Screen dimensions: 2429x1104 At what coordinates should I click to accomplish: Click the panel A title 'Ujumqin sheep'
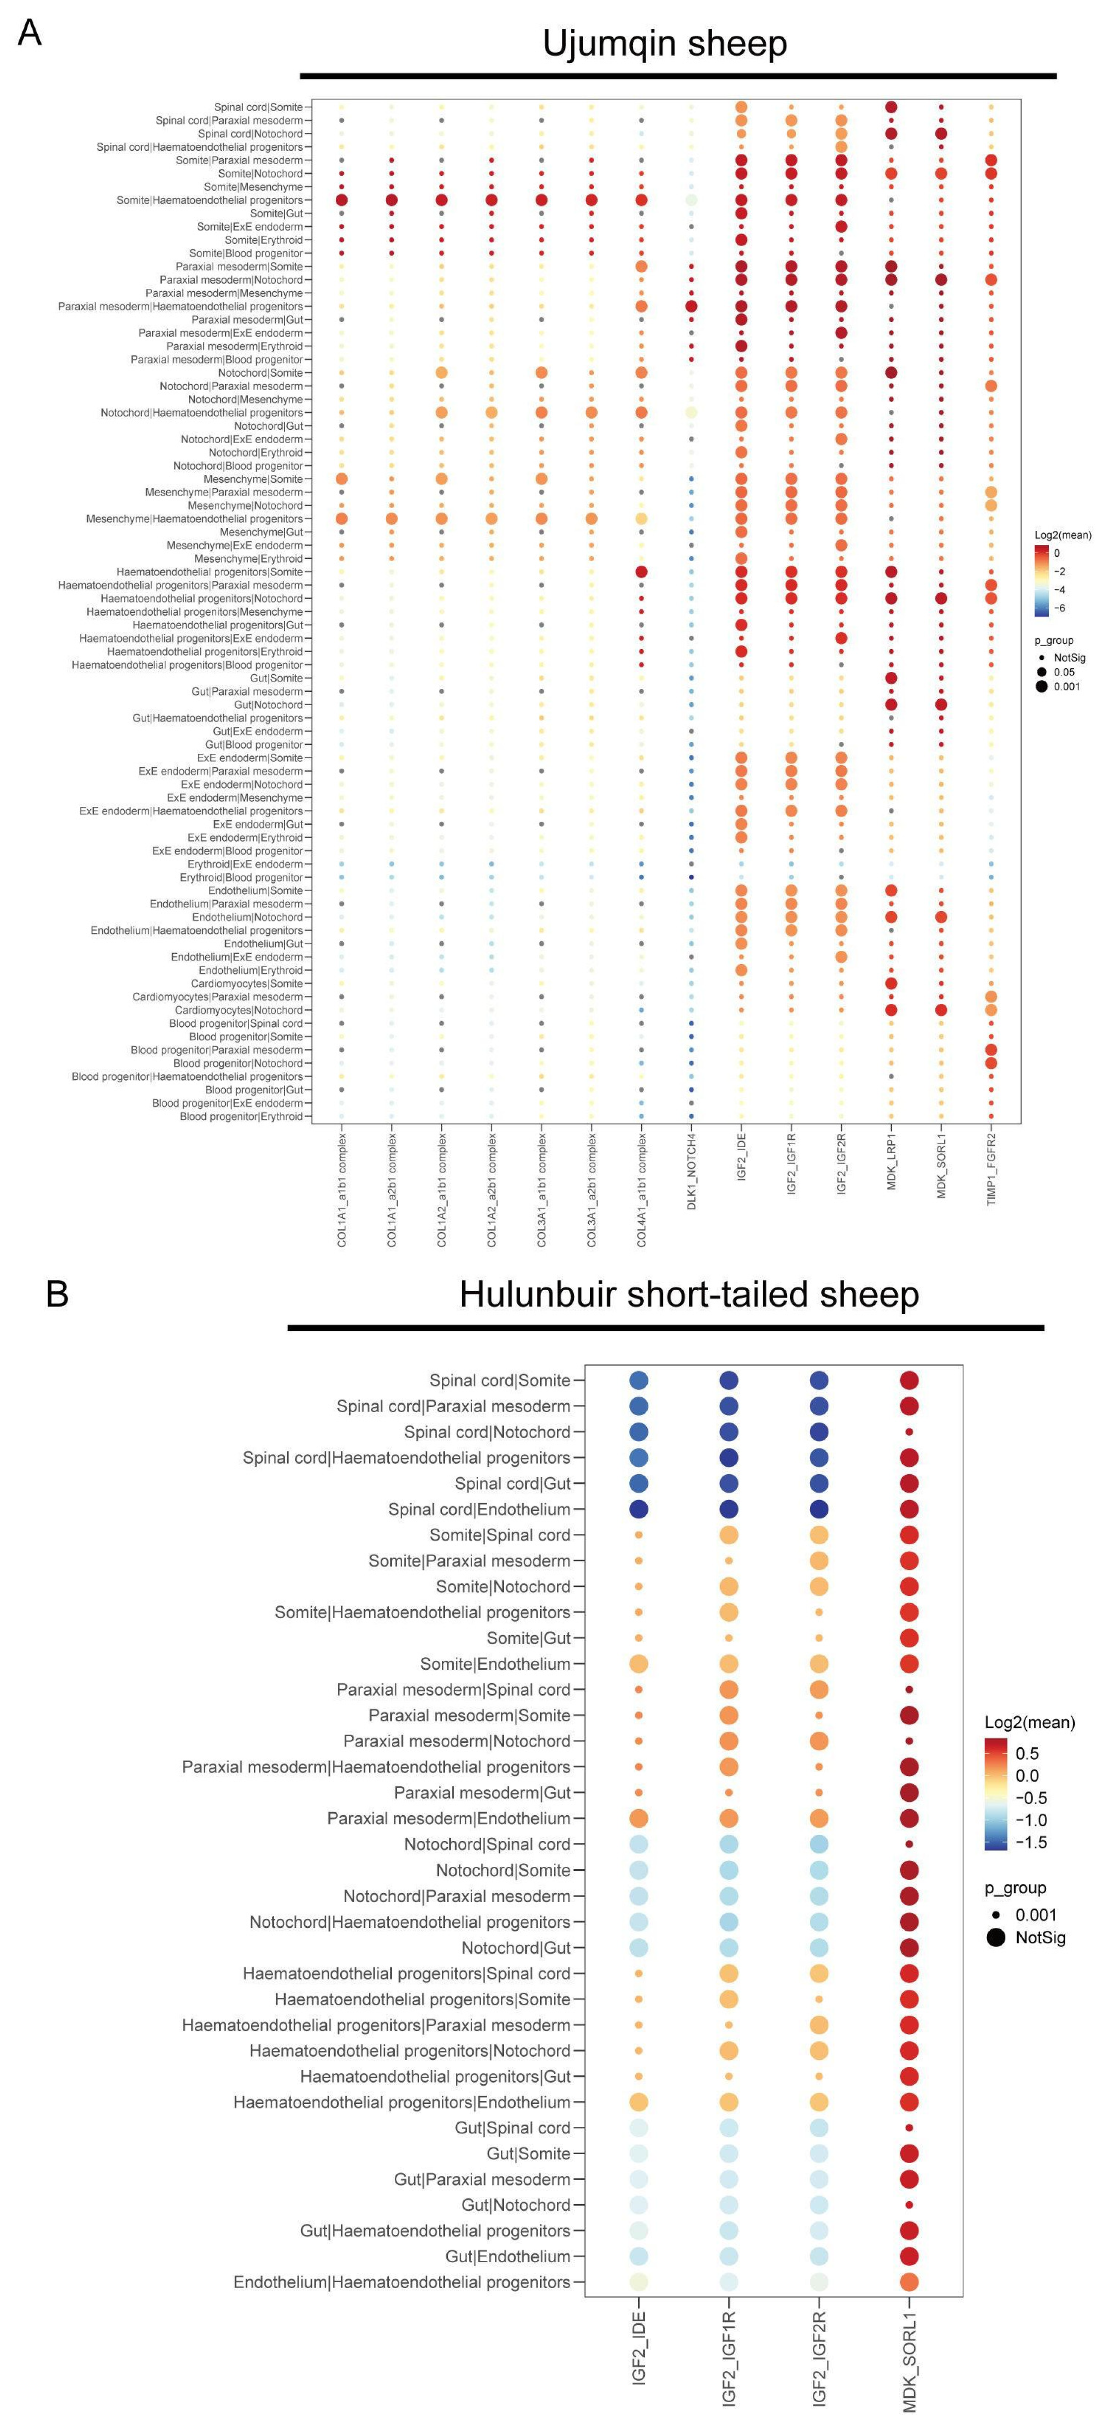tap(665, 43)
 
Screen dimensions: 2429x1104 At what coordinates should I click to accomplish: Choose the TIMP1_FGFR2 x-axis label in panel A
tap(991, 1169)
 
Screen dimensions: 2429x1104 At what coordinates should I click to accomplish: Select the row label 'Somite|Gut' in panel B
tap(528, 1638)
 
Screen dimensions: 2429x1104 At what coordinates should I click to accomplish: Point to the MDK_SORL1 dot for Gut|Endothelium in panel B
tap(910, 2256)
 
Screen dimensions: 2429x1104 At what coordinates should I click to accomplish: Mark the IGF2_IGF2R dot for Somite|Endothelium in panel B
tap(819, 1663)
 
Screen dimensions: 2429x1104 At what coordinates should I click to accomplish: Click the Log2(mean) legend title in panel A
tap(1062, 534)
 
